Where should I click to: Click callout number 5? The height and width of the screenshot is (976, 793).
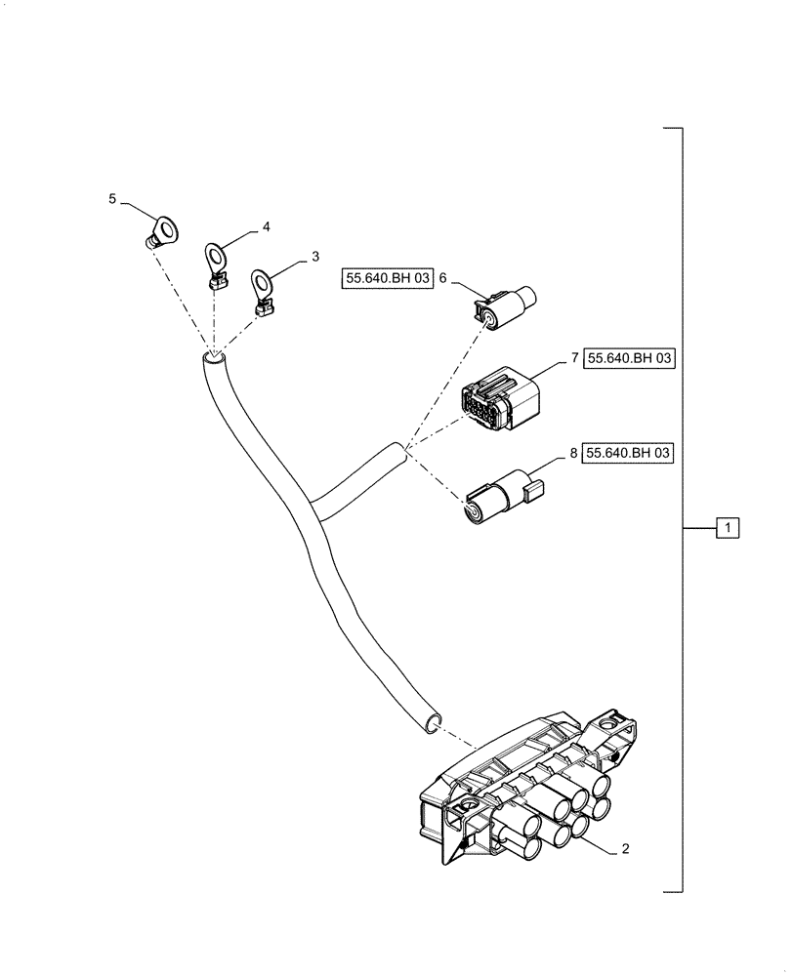click(x=112, y=199)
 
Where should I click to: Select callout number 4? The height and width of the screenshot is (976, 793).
click(x=266, y=226)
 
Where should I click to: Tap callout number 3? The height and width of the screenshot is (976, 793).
click(x=314, y=257)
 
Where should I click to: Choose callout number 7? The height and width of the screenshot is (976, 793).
click(x=573, y=359)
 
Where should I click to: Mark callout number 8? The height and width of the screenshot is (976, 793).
click(x=573, y=453)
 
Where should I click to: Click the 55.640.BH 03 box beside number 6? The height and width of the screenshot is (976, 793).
click(x=386, y=279)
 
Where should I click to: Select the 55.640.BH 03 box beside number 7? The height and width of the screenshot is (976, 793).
click(x=630, y=359)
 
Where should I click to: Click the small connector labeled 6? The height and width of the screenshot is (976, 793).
click(x=505, y=303)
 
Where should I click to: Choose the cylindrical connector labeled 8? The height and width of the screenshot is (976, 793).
click(x=500, y=496)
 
